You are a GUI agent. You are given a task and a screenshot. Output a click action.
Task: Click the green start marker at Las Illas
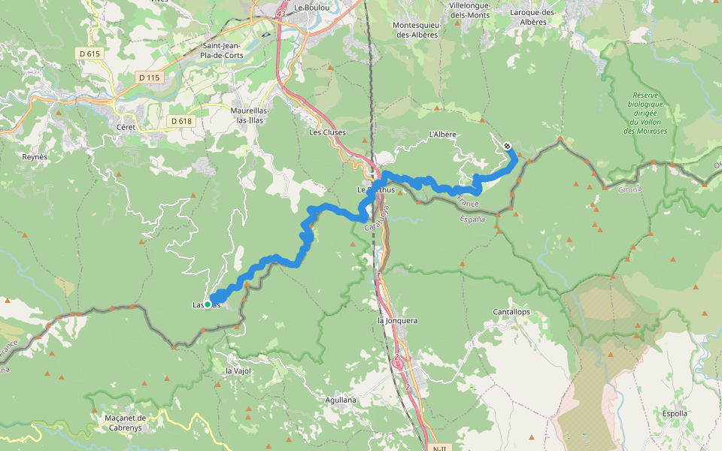pyautogui.click(x=208, y=304)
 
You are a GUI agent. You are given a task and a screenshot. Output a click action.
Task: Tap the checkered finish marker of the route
pyautogui.click(x=508, y=146)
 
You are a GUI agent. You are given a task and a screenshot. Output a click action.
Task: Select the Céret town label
pyautogui.click(x=126, y=127)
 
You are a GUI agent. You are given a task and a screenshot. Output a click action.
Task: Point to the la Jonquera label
pyautogui.click(x=397, y=320)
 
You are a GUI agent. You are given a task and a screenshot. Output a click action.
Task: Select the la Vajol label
pyautogui.click(x=238, y=371)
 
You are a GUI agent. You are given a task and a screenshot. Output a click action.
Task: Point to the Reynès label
pyautogui.click(x=35, y=157)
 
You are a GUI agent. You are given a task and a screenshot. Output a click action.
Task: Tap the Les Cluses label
pyautogui.click(x=328, y=132)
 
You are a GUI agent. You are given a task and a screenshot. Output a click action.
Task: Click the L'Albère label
pyautogui.click(x=442, y=135)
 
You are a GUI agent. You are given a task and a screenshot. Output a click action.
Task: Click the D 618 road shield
pyautogui.click(x=181, y=120)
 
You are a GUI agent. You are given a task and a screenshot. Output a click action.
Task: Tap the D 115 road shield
pyautogui.click(x=150, y=77)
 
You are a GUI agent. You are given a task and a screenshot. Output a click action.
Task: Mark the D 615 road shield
pyautogui.click(x=89, y=53)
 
